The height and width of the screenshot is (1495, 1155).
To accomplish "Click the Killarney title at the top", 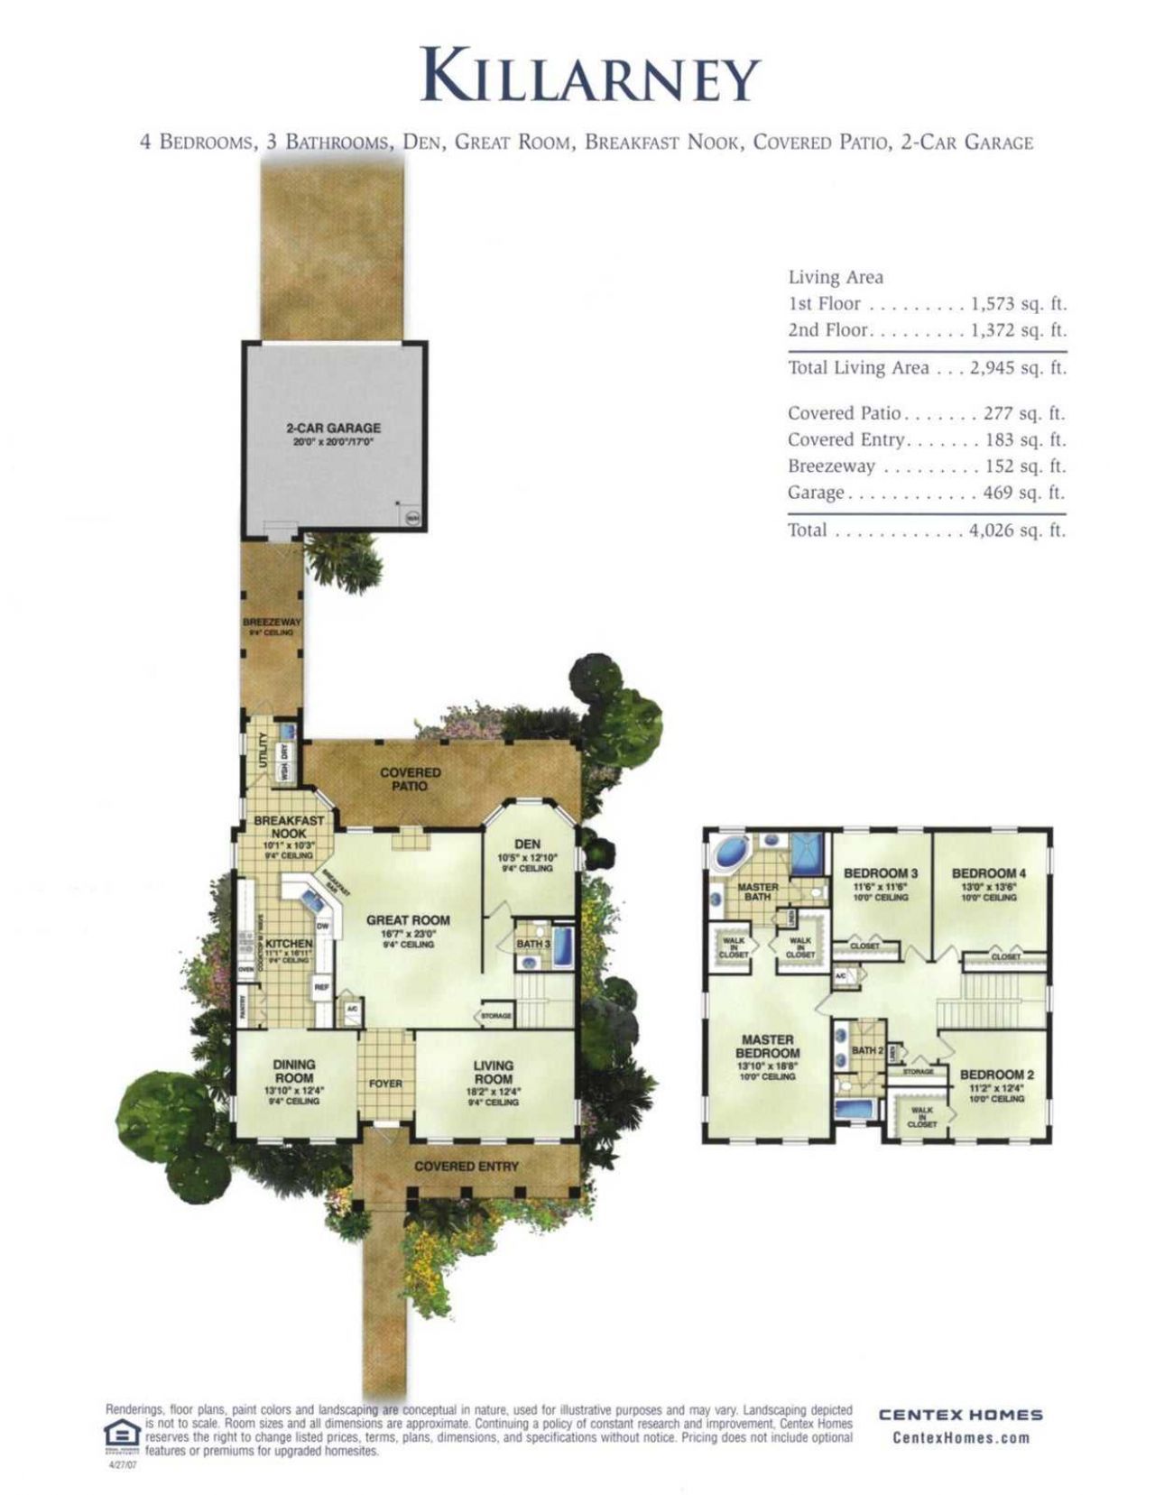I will (x=591, y=77).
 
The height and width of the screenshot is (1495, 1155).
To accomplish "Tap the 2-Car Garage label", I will (x=333, y=429).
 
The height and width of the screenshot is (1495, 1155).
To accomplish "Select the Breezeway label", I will (x=272, y=623).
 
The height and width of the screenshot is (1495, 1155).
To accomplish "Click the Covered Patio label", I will (x=411, y=780).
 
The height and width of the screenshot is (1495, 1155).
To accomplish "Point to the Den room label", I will (x=527, y=844).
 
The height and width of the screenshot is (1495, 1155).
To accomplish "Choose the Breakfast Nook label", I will (x=289, y=827).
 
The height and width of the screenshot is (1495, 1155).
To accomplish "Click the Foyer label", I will (x=385, y=1084).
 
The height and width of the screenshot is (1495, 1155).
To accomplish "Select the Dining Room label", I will (x=294, y=1072).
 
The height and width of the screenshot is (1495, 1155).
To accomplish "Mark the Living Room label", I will (x=493, y=1072).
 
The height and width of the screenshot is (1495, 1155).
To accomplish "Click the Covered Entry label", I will (x=467, y=1167).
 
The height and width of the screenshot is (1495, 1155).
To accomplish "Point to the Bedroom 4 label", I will (x=989, y=873).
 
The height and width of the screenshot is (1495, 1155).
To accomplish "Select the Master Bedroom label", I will (x=767, y=1047).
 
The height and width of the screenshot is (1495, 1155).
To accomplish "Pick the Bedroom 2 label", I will (x=997, y=1075).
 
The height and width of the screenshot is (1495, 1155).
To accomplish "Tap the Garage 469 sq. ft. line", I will (x=926, y=493).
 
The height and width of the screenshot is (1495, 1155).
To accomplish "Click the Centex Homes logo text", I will (x=961, y=1416).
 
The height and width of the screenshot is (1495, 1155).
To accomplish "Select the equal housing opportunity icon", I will (x=122, y=1435).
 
